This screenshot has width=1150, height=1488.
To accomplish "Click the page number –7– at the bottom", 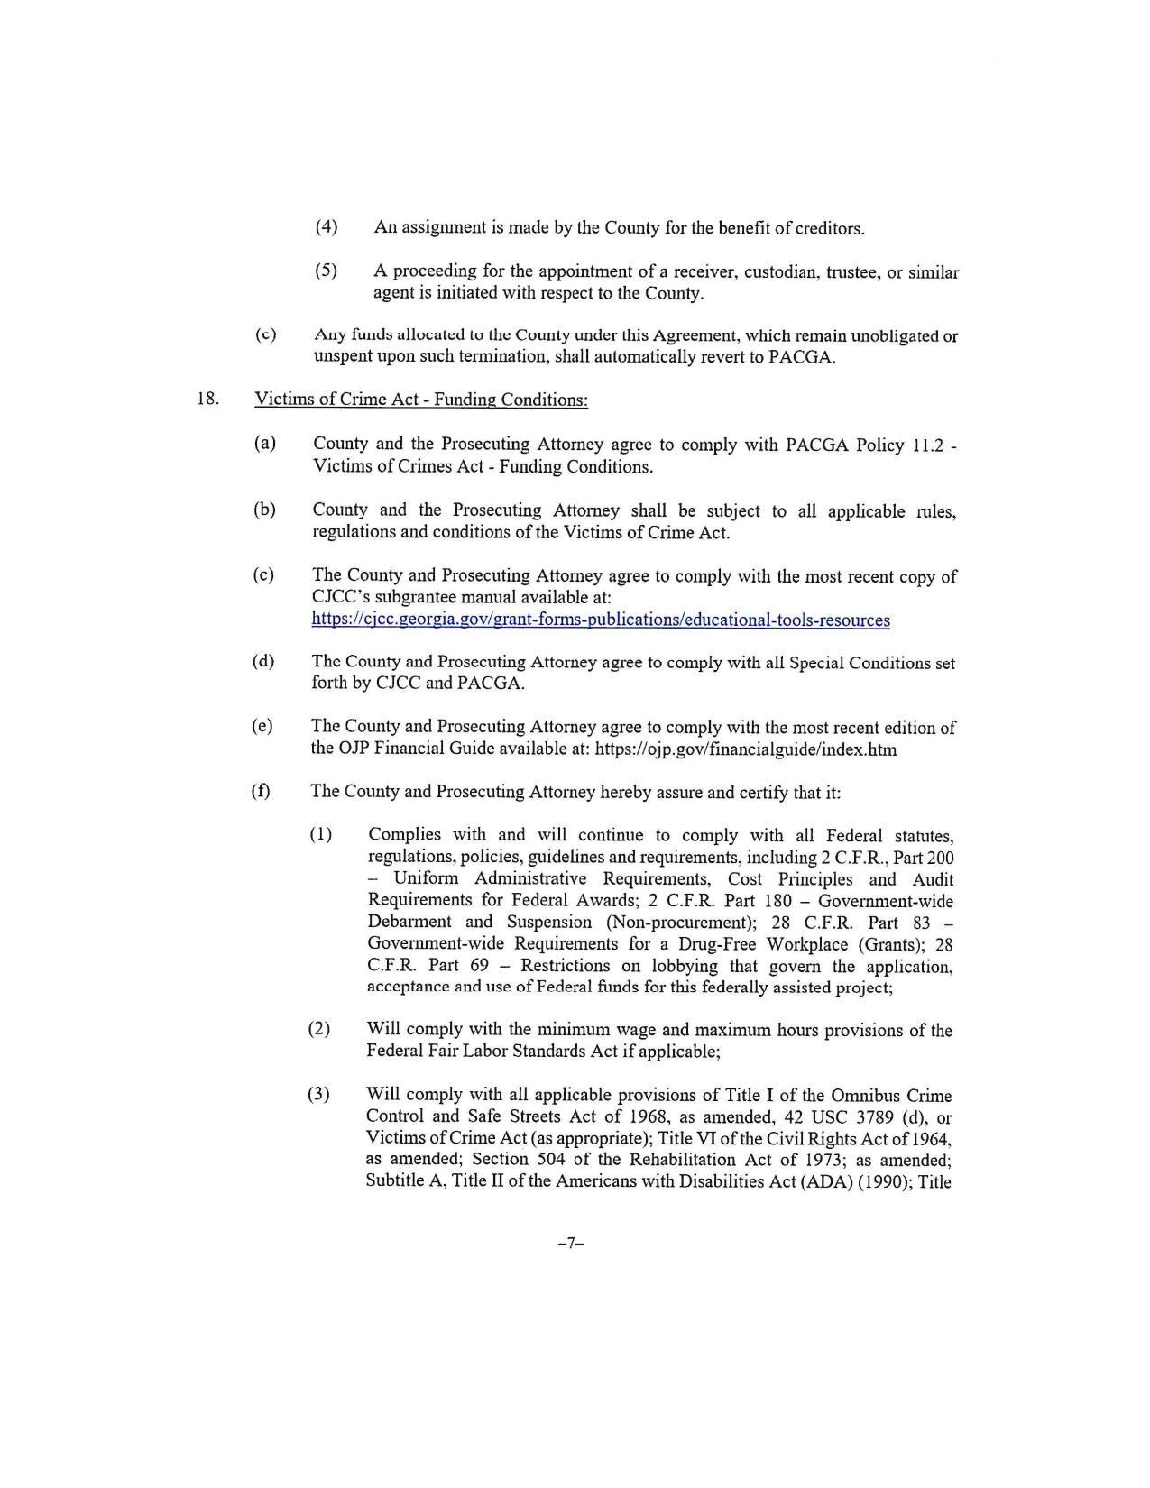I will coord(571,1243).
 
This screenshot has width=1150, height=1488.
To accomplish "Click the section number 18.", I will coord(208,399).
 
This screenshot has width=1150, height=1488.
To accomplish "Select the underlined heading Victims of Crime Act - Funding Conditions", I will coord(421,400).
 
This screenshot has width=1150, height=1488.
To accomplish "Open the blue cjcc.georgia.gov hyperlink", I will coord(601,620).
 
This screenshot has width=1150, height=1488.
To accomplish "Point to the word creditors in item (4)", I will coord(828,228).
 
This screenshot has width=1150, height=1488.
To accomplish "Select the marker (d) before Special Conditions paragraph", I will coord(263,661).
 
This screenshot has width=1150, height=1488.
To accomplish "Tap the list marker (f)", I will coord(261,791).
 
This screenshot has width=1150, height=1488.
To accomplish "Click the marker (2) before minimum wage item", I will coord(319,1029).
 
